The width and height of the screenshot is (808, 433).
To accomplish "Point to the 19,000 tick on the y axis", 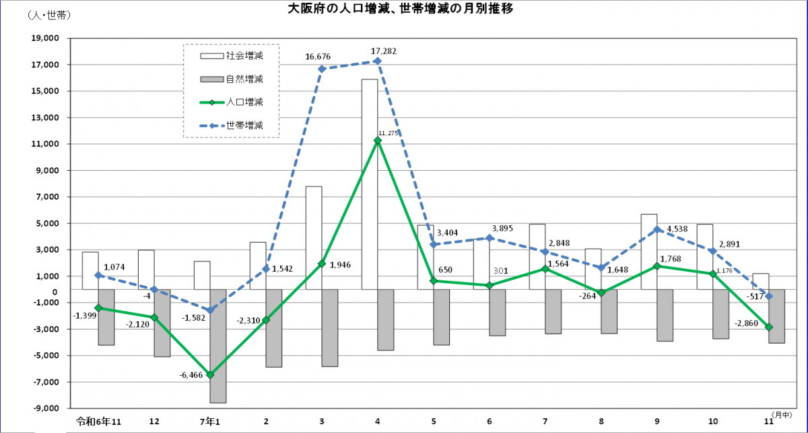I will [45, 38].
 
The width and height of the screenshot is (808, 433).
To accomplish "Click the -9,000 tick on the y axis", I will [44, 408].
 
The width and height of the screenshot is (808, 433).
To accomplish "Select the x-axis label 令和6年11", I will [98, 421].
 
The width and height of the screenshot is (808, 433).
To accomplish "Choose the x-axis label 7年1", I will [210, 421].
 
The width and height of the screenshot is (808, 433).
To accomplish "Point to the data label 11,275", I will [390, 133].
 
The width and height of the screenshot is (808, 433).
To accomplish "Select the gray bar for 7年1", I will [218, 346].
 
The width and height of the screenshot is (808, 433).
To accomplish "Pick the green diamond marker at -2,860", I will [768, 327].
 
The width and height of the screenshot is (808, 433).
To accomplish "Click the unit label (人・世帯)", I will [49, 14].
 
